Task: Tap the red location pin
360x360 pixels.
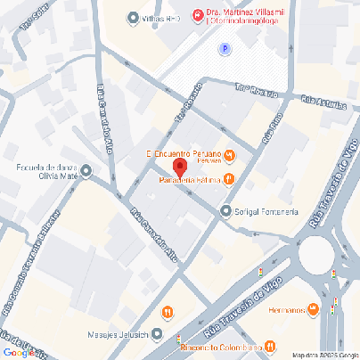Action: (x=178, y=168)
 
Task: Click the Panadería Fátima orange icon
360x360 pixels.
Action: (x=229, y=180)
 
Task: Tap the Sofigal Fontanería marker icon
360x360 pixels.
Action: (x=225, y=210)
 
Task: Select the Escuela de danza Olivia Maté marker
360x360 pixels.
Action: (x=86, y=169)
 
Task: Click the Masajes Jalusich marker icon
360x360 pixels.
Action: (x=158, y=335)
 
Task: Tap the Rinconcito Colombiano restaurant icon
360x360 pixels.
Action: (x=270, y=347)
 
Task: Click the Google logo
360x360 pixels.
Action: (x=17, y=352)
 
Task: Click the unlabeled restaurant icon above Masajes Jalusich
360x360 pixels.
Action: (x=168, y=312)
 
